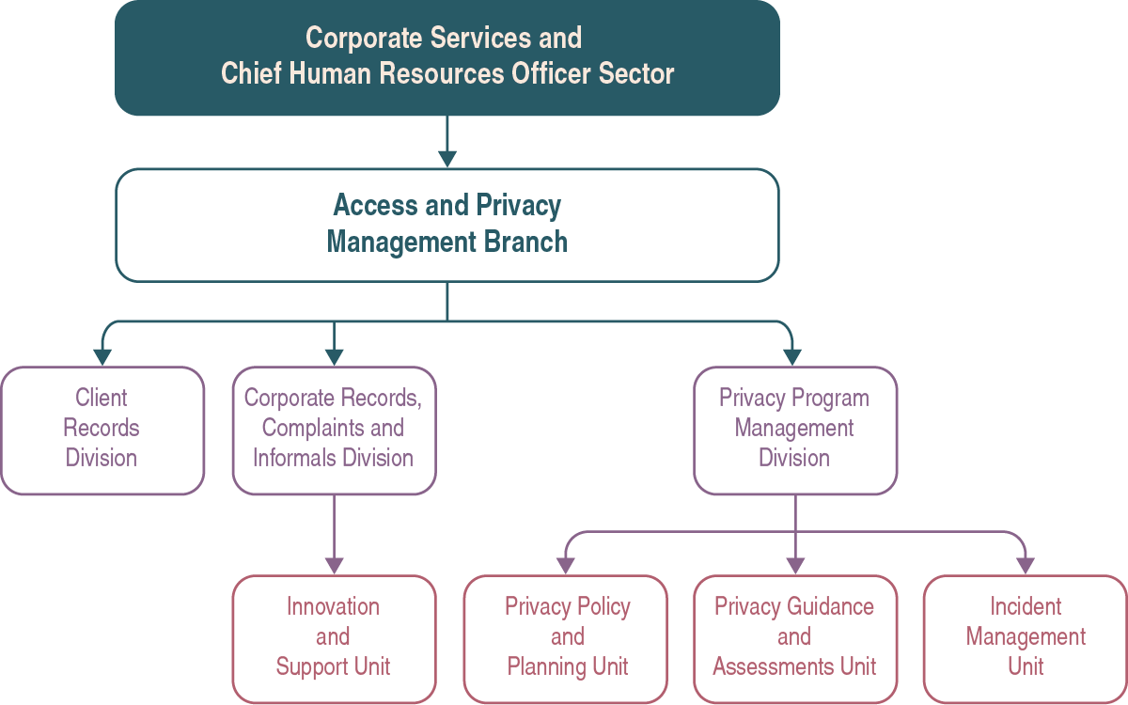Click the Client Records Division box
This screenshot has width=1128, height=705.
pyautogui.click(x=102, y=430)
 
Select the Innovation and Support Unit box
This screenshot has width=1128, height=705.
pyautogui.click(x=334, y=638)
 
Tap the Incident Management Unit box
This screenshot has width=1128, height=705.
pyautogui.click(x=1026, y=638)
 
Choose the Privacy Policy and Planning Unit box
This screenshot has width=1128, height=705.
pyautogui.click(x=566, y=638)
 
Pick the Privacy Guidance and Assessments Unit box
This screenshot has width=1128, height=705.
pyautogui.click(x=795, y=638)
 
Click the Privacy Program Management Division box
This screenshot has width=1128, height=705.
pyautogui.click(x=795, y=430)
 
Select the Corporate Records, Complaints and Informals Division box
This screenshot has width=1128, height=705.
pyautogui.click(x=334, y=430)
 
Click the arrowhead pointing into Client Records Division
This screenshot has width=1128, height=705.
pyautogui.click(x=102, y=356)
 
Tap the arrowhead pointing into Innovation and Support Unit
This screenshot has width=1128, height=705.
pyautogui.click(x=334, y=565)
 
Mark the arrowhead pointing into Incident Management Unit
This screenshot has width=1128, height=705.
pyautogui.click(x=1026, y=565)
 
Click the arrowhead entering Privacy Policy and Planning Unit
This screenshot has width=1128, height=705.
pyautogui.click(x=566, y=565)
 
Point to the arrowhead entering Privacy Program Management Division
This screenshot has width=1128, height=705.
pyautogui.click(x=793, y=356)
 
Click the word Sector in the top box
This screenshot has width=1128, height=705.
pyautogui.click(x=637, y=73)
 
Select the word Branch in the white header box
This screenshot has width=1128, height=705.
pyautogui.click(x=525, y=242)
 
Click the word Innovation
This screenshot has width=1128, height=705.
pyautogui.click(x=334, y=606)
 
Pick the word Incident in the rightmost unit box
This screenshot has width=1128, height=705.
pyautogui.click(x=1026, y=606)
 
